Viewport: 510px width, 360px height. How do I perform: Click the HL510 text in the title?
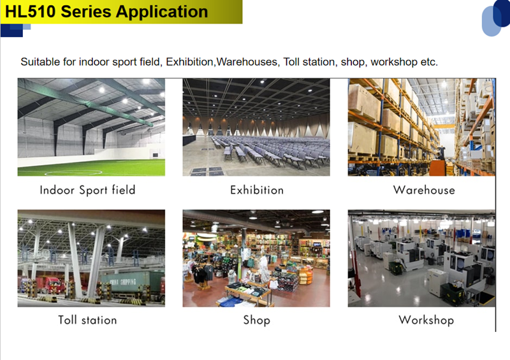click(x=31, y=11)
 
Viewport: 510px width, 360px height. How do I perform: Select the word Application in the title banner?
click(x=162, y=12)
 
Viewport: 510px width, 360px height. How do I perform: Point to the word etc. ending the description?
click(x=429, y=62)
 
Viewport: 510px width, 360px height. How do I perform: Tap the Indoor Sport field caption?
click(x=87, y=190)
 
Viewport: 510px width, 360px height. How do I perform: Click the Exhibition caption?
click(x=257, y=190)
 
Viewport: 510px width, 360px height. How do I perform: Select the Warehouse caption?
click(x=424, y=190)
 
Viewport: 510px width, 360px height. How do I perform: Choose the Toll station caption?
click(x=87, y=320)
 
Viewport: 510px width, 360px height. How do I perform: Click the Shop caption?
click(x=257, y=320)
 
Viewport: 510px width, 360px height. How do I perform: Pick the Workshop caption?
click(x=426, y=320)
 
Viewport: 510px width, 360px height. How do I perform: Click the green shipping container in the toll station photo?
click(x=133, y=284)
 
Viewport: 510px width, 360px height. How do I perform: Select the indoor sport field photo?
click(x=91, y=127)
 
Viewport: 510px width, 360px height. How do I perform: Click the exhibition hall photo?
click(x=256, y=127)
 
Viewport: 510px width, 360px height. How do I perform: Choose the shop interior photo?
click(x=256, y=258)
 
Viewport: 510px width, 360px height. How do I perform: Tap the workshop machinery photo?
click(x=421, y=258)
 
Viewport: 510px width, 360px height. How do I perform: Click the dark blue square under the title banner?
click(x=11, y=30)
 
